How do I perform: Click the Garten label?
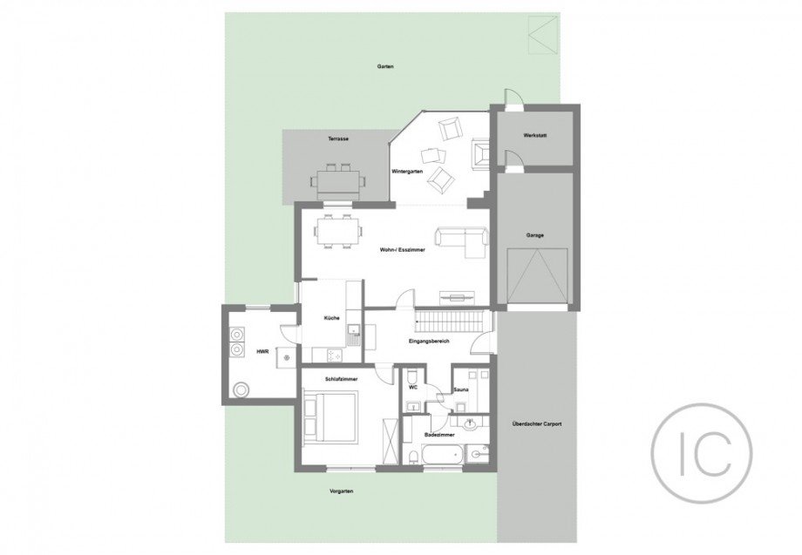[385, 66]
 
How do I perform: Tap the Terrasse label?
[338, 139]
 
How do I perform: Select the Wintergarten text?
[407, 172]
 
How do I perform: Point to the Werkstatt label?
[535, 136]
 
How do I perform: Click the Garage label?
[535, 235]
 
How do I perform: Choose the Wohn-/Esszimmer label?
[403, 250]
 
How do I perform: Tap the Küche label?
[331, 318]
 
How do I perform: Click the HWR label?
[263, 352]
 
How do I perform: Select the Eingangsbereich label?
[429, 341]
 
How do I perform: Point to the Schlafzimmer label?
[341, 379]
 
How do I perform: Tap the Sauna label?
[461, 390]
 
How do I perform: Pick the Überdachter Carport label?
[536, 424]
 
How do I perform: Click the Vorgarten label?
[341, 491]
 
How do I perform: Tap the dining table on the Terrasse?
[338, 181]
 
